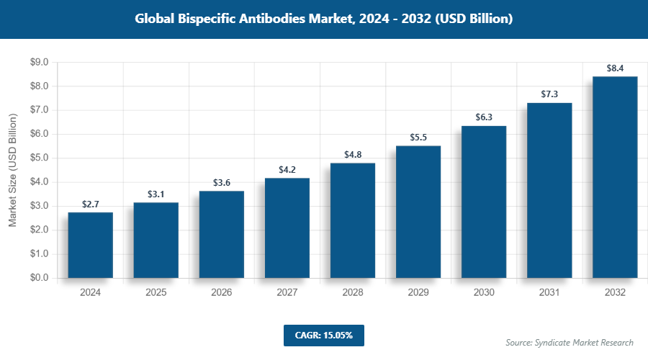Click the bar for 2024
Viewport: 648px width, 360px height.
[x=90, y=245]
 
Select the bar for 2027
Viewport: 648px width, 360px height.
[x=287, y=228]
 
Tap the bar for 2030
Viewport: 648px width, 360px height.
[x=484, y=202]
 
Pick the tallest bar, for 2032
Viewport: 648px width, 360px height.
[x=615, y=177]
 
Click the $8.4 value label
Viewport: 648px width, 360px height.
[x=615, y=68]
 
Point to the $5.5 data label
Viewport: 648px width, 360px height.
[x=418, y=138]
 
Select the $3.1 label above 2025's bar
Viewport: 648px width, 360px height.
[x=156, y=194]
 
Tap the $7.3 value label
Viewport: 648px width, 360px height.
[x=549, y=94]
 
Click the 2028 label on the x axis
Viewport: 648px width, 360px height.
[x=353, y=293]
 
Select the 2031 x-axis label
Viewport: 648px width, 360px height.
[x=549, y=293]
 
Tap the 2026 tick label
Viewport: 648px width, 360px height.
[x=222, y=293]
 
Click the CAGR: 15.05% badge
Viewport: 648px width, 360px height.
[x=324, y=336]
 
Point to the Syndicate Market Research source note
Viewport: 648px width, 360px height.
[x=570, y=342]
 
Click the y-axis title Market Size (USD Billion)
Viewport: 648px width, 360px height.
[x=12, y=171]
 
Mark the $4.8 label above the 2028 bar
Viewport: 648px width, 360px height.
[x=353, y=154]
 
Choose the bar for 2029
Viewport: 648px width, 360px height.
[x=418, y=212]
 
